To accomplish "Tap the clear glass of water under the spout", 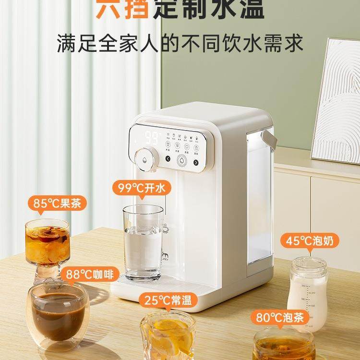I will pos(143,242).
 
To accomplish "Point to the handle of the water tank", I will pos(270,139).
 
